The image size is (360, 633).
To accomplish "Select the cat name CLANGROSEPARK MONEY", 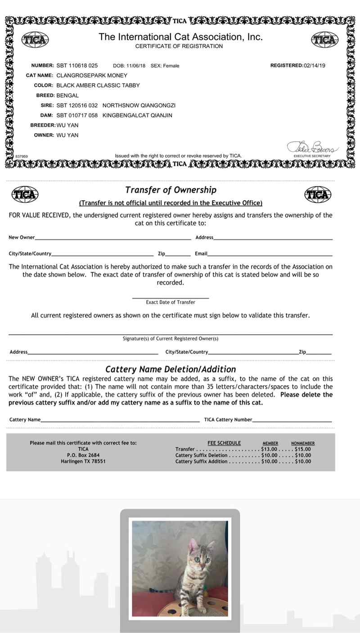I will (92, 76).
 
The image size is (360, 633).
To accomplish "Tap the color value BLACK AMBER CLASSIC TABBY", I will (98, 85).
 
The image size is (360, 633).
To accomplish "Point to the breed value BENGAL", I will (67, 95).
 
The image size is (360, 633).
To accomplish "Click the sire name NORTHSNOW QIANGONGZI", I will (139, 105).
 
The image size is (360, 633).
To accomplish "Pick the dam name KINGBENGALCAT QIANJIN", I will (137, 115).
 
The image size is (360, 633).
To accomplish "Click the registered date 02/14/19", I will (315, 66).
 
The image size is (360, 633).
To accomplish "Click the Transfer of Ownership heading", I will (171, 190).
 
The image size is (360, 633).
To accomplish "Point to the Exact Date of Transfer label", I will (171, 302).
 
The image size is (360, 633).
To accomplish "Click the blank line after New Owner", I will (113, 238).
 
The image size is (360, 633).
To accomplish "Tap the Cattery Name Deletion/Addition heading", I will (171, 369).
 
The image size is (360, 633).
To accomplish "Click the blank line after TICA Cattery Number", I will (292, 420).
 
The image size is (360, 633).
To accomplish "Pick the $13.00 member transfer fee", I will (269, 449).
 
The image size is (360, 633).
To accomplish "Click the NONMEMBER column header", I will (302, 443).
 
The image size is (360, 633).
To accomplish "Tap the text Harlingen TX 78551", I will (83, 461).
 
